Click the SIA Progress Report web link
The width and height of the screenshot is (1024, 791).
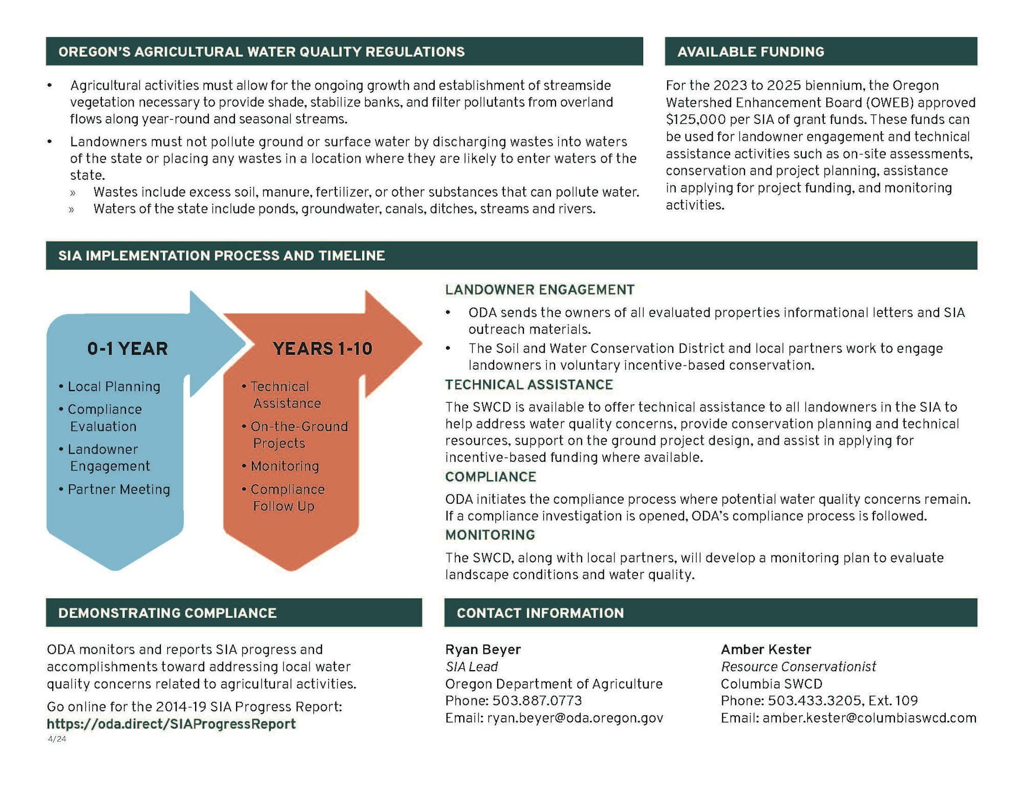click(171, 723)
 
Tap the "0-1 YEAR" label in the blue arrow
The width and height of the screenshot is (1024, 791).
click(127, 349)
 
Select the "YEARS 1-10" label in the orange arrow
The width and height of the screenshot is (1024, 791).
click(322, 349)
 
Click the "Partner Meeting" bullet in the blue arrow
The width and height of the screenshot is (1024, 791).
click(118, 489)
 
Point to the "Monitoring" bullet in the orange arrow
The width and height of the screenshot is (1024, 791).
click(284, 466)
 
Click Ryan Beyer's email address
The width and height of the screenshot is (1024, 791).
click(574, 718)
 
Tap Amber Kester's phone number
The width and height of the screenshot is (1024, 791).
click(842, 700)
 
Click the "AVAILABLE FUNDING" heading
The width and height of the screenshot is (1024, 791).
click(751, 52)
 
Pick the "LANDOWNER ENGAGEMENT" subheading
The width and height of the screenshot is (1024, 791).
click(540, 290)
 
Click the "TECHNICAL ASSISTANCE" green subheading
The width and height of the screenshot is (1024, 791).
click(529, 384)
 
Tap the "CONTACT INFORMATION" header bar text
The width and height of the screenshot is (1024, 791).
click(540, 613)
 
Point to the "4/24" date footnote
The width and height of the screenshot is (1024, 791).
click(57, 739)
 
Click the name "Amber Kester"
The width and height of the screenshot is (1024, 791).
click(766, 649)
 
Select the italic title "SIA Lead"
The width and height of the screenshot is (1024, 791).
click(472, 667)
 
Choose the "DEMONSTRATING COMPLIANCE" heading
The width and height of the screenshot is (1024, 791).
click(167, 613)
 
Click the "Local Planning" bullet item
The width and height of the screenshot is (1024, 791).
click(114, 387)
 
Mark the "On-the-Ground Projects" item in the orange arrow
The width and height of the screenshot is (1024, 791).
click(299, 434)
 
